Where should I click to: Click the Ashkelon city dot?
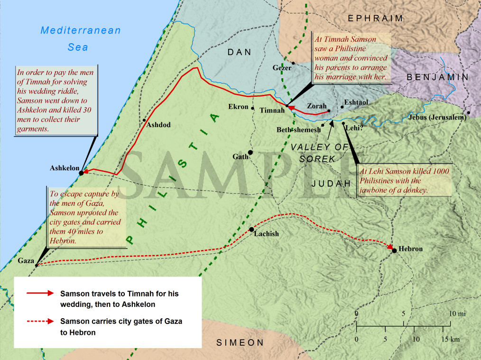[81, 173]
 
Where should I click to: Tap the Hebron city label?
[410, 249]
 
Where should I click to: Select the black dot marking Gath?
[250, 152]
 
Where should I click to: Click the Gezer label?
[282, 68]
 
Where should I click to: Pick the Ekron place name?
[238, 107]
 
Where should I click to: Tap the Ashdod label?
[158, 125]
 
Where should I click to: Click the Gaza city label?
[26, 261]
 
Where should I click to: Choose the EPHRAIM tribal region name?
[375, 18]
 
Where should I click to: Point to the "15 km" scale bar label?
[451, 339]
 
